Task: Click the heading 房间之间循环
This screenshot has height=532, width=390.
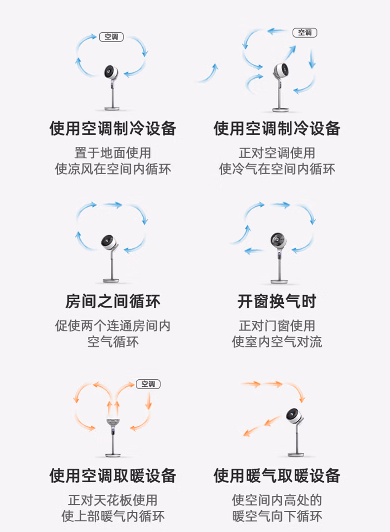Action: (113, 301)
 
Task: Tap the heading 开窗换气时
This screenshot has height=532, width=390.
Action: (277, 301)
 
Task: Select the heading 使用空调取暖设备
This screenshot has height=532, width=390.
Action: (113, 475)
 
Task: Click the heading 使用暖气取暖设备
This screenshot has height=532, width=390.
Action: (277, 475)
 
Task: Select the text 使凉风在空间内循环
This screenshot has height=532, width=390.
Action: (113, 169)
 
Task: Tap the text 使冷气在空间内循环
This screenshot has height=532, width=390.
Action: (277, 169)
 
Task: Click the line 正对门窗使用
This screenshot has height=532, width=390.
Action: (277, 326)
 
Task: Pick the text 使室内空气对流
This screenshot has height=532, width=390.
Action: (277, 342)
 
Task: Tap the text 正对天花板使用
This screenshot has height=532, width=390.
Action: (113, 500)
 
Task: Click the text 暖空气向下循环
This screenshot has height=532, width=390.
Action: (277, 517)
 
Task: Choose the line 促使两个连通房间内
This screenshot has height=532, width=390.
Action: (113, 326)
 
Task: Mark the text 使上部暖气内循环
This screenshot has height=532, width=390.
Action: (113, 517)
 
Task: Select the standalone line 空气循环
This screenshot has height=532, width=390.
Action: (113, 342)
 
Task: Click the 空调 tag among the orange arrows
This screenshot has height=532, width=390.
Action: (148, 384)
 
